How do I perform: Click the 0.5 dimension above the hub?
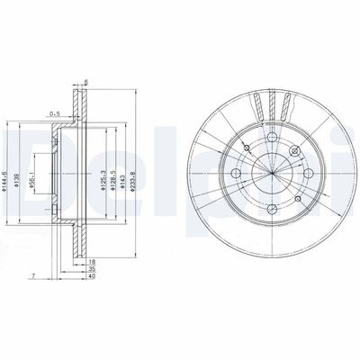point(54,114)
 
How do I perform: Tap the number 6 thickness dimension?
point(85,85)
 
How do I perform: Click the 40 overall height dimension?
point(91,276)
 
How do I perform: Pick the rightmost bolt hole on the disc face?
point(310,174)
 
